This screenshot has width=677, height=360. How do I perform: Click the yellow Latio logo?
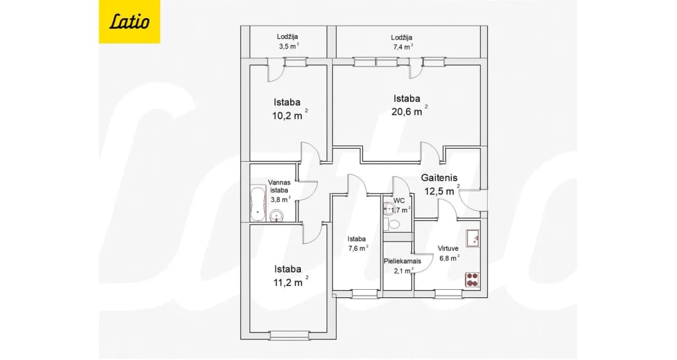(129, 21)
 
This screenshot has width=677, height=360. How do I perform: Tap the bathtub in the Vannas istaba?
(258, 204)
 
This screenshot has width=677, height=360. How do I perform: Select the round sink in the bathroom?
(276, 215)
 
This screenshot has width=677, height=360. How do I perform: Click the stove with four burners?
(473, 279)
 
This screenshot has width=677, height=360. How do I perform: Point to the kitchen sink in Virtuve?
(473, 238)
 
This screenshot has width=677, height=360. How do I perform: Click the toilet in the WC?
(392, 225)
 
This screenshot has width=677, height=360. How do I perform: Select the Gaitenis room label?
(439, 177)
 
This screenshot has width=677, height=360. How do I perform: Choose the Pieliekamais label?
(402, 261)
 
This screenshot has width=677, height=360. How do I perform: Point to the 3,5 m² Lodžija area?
(289, 46)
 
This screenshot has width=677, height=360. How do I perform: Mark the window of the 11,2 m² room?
(289, 335)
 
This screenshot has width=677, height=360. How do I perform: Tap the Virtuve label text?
(448, 248)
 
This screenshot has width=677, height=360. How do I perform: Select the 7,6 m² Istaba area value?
(358, 248)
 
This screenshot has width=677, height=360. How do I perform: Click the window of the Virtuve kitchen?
(443, 294)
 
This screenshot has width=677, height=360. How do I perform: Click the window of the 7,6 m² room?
(365, 294)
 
